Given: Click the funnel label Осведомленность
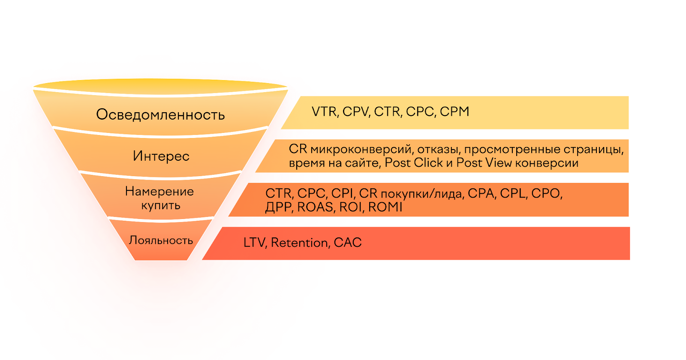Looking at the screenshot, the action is (160, 114).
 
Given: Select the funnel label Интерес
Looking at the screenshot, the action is (161, 156).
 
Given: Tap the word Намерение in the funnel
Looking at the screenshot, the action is (159, 192).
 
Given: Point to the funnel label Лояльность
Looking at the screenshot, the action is (161, 240).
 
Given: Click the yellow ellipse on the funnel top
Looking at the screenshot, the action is (160, 86).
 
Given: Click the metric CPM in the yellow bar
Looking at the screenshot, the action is (454, 112).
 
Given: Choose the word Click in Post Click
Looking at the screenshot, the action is (428, 162).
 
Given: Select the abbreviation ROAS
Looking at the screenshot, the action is (315, 207).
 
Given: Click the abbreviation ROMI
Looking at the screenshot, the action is (385, 207).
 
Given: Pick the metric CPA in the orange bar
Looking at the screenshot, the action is (481, 193).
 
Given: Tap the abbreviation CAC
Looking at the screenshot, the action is (348, 243).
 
